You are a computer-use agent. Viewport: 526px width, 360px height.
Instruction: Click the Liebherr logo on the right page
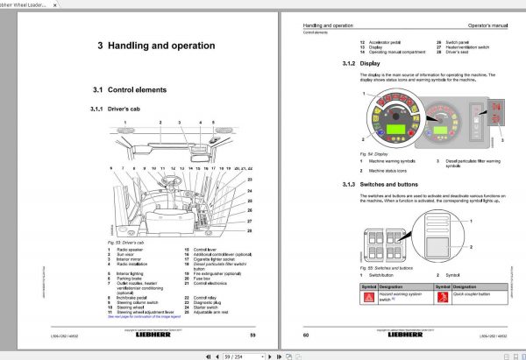[403, 334]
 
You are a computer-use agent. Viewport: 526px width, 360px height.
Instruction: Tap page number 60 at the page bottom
[305, 334]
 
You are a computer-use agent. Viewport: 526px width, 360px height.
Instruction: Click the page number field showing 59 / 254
[237, 355]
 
